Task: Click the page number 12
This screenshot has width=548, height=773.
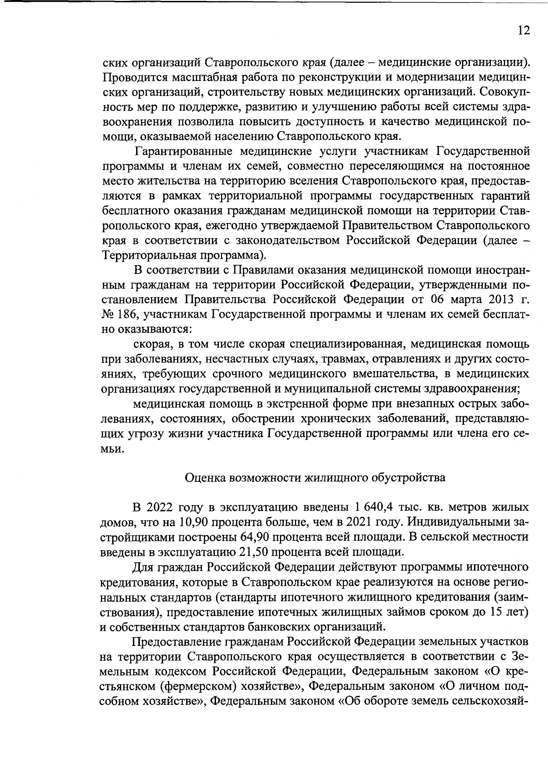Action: [524, 31]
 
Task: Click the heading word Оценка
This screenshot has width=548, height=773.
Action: [204, 478]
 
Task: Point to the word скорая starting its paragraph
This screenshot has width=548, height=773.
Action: [151, 344]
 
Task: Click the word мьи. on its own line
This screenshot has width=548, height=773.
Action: [111, 448]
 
